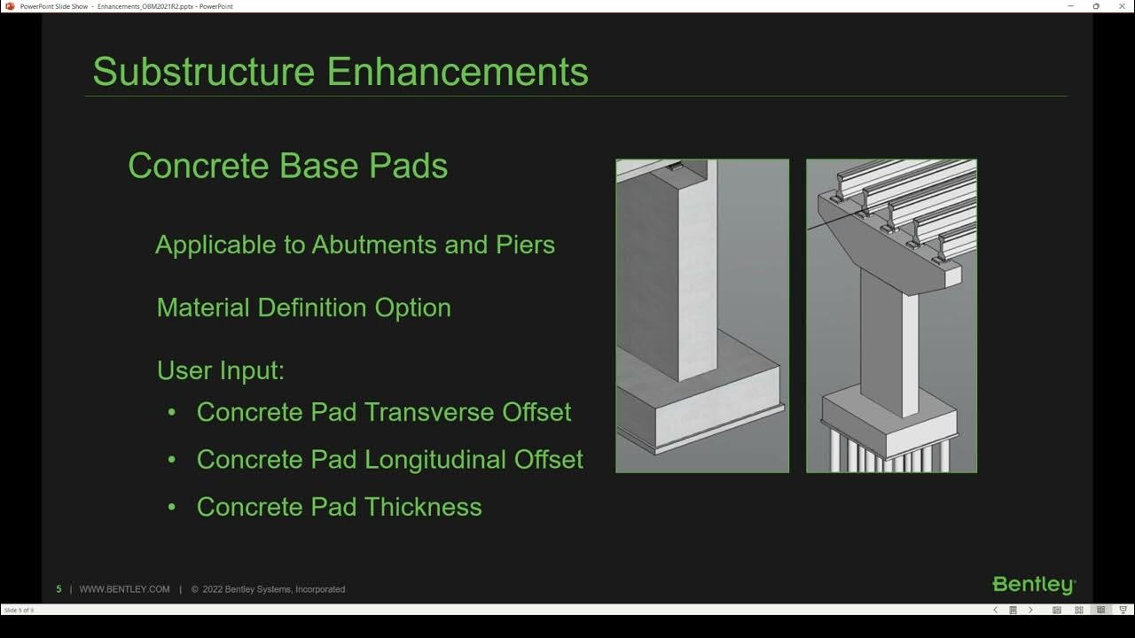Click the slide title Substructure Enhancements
340,72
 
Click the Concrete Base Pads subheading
287,167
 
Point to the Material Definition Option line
303,307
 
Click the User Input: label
220,370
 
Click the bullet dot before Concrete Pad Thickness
171,507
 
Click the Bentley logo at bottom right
1033,585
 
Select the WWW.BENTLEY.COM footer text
124,589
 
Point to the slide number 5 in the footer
59,589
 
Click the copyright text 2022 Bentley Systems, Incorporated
273,589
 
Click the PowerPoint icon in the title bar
10,6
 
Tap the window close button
1121,6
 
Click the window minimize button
1070,6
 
